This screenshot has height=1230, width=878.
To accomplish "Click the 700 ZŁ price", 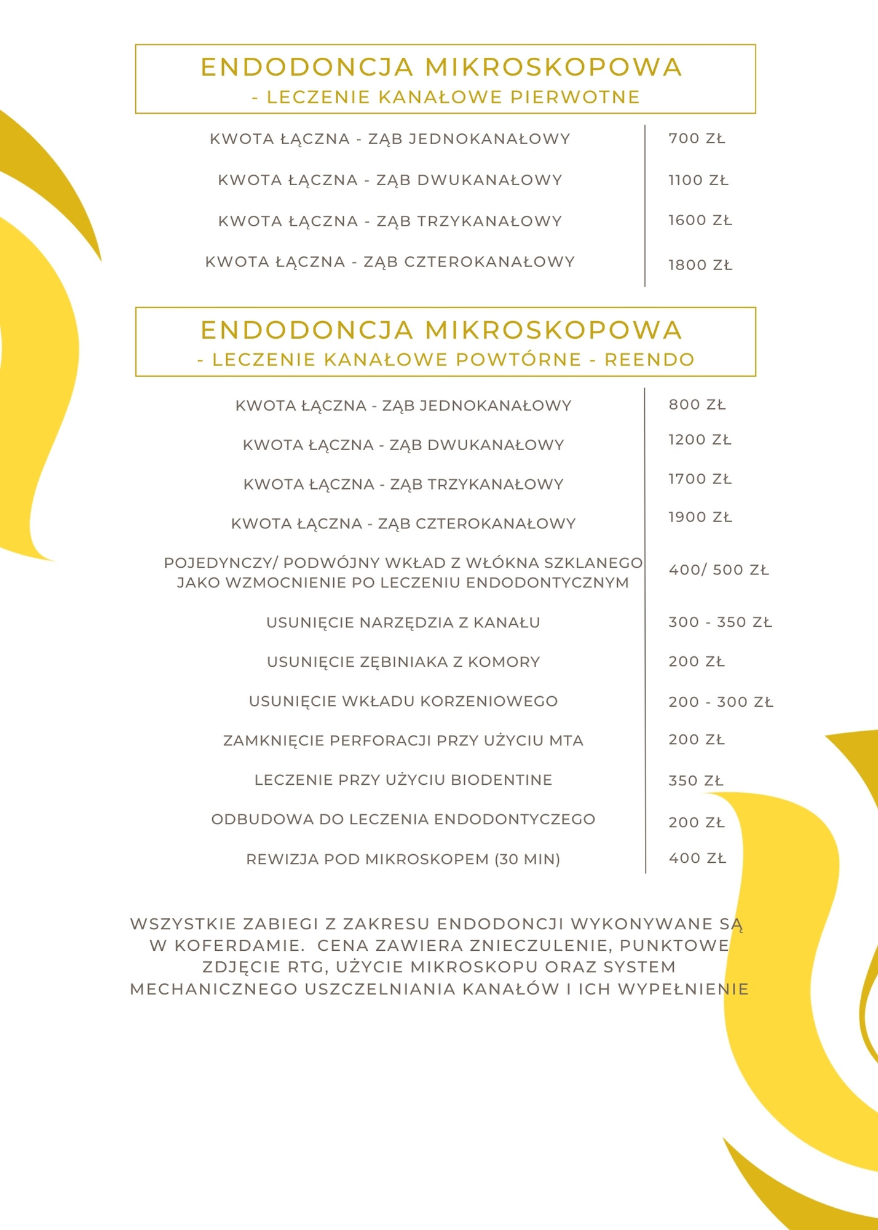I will pos(697,139).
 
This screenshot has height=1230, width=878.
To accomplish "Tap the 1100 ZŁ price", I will pos(698,181).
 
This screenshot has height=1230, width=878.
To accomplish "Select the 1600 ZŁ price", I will pos(700,221).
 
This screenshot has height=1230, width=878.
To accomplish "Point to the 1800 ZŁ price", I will pos(700,266).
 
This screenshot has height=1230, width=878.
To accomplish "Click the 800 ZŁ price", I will pos(697,405).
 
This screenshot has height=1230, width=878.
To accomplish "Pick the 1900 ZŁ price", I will pos(700,518).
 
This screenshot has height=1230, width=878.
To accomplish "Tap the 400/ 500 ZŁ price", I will pos(718,570).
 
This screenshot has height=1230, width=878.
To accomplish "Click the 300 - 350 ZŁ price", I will pos(719,622).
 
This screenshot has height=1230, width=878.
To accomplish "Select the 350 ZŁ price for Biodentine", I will pos(696,781).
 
